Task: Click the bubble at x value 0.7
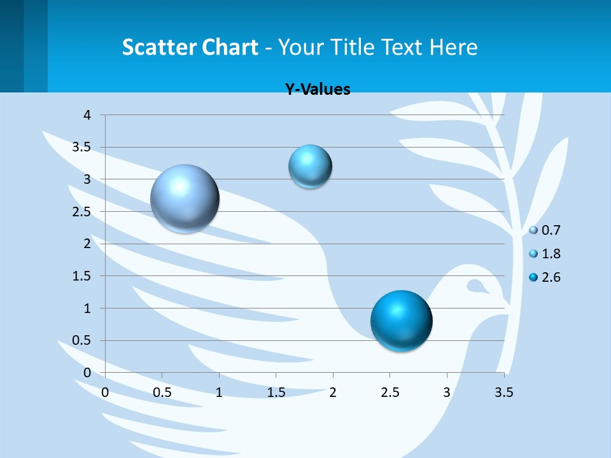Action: coord(185,198)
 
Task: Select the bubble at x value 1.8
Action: coord(310,167)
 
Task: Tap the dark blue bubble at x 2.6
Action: coord(401,321)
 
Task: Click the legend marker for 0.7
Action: coord(533,230)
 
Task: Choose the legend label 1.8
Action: coord(551,254)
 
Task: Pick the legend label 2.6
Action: coord(551,277)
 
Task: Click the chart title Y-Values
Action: coord(318,90)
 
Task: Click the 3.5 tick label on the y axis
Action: coord(82,147)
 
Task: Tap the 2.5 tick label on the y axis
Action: coord(82,211)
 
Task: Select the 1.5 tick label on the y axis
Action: coord(82,276)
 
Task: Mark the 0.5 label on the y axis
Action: coord(82,340)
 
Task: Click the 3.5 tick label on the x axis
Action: coord(503,392)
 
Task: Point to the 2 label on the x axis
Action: coord(333,392)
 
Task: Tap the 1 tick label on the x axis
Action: coord(219,392)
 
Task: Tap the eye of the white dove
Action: coord(475,285)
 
